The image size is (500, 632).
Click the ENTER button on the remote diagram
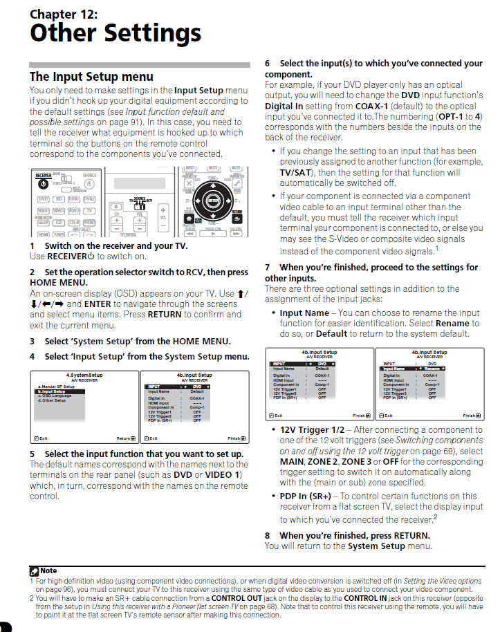pyautogui.click(x=212, y=201)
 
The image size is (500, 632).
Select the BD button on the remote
pyautogui.click(x=59, y=198)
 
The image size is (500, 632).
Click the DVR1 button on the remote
pyautogui.click(x=73, y=198)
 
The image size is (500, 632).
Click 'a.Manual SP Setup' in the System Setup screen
pyautogui.click(x=56, y=387)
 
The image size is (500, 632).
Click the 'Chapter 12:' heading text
pyautogui.click(x=64, y=14)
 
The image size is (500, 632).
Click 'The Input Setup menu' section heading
pyautogui.click(x=91, y=77)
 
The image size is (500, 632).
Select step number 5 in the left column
pyautogui.click(x=33, y=454)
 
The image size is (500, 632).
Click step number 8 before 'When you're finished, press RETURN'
pyautogui.click(x=268, y=535)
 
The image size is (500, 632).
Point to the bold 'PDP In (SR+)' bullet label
pyautogui.click(x=305, y=496)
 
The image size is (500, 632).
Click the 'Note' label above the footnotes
pyautogui.click(x=48, y=570)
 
